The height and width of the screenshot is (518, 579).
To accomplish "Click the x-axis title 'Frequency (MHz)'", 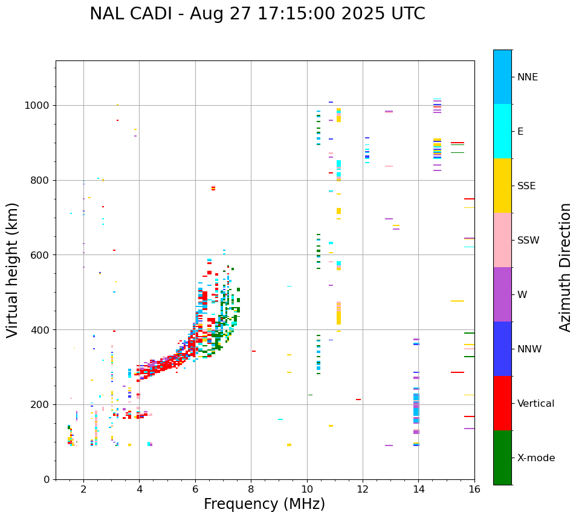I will (x=264, y=504).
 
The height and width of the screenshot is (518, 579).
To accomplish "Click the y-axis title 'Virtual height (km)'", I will (x=13, y=270).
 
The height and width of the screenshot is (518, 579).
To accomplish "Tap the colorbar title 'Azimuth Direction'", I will (x=565, y=267).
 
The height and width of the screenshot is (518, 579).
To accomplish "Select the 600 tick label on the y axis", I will (x=42, y=255).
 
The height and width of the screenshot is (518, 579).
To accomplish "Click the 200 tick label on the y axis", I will (x=42, y=404).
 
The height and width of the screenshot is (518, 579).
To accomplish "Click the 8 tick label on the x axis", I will (x=251, y=489).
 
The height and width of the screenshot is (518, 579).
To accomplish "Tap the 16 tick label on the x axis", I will (x=474, y=489).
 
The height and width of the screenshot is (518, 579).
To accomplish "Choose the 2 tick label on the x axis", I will (x=83, y=489).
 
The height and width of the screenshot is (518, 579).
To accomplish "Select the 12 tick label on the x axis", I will (x=363, y=489).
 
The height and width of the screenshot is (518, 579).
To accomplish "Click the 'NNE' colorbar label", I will (x=527, y=77).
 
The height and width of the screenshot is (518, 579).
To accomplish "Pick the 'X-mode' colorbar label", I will (x=535, y=458).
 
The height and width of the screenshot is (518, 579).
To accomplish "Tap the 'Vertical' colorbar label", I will (x=535, y=404).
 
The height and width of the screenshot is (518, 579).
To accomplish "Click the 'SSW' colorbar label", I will (x=528, y=241).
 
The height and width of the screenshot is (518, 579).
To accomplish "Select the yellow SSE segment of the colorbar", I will (x=502, y=186).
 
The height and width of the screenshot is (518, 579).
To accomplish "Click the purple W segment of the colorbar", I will (x=502, y=294).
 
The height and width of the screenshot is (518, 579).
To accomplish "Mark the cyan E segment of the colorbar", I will (x=502, y=131).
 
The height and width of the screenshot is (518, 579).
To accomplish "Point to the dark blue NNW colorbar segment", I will (x=502, y=349).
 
